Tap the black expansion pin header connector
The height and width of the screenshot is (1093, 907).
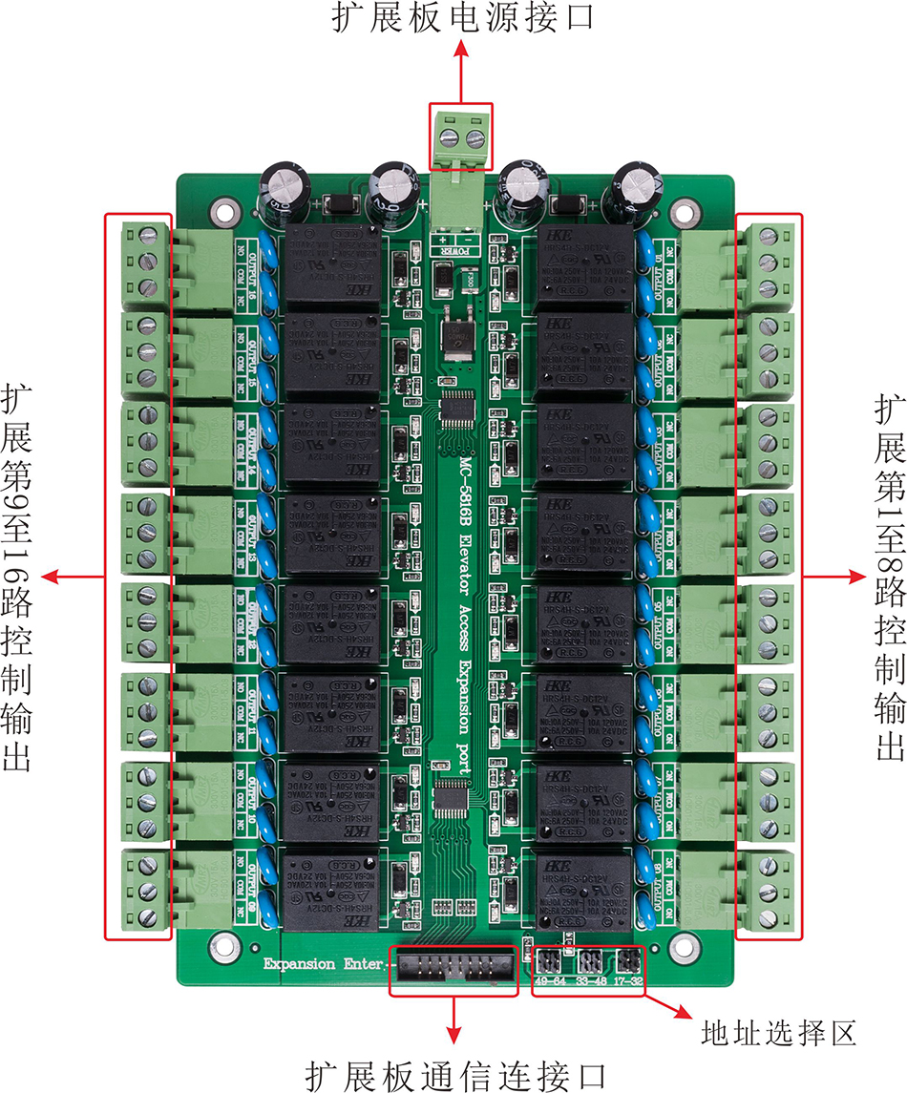click(453, 966)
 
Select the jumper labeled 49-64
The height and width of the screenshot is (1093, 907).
click(549, 958)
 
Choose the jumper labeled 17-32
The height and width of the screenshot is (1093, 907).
click(631, 958)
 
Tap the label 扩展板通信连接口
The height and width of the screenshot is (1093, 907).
click(456, 1075)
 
